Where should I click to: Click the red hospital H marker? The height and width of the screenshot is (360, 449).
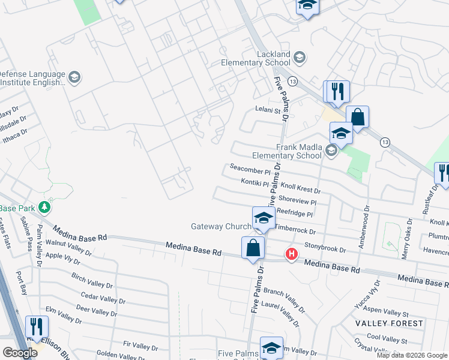pos(292,254)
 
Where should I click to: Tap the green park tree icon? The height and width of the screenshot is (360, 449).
pos(44,208)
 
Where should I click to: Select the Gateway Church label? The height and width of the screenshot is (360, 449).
pos(220,227)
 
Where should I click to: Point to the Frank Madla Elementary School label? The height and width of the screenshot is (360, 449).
pos(298,151)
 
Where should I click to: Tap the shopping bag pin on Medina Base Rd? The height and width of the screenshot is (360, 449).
pos(253,247)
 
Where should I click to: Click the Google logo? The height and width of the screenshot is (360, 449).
pos(19,353)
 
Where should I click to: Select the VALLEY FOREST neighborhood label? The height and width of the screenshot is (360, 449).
pos(389,323)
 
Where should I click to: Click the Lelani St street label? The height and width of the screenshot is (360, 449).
pos(268,110)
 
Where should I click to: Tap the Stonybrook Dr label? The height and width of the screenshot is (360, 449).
pos(325,247)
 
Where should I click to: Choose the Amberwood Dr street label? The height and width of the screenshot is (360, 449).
pos(364,225)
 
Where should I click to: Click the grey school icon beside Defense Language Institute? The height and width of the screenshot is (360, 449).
pos(75,77)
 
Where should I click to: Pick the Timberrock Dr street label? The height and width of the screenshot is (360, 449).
pos(295,229)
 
